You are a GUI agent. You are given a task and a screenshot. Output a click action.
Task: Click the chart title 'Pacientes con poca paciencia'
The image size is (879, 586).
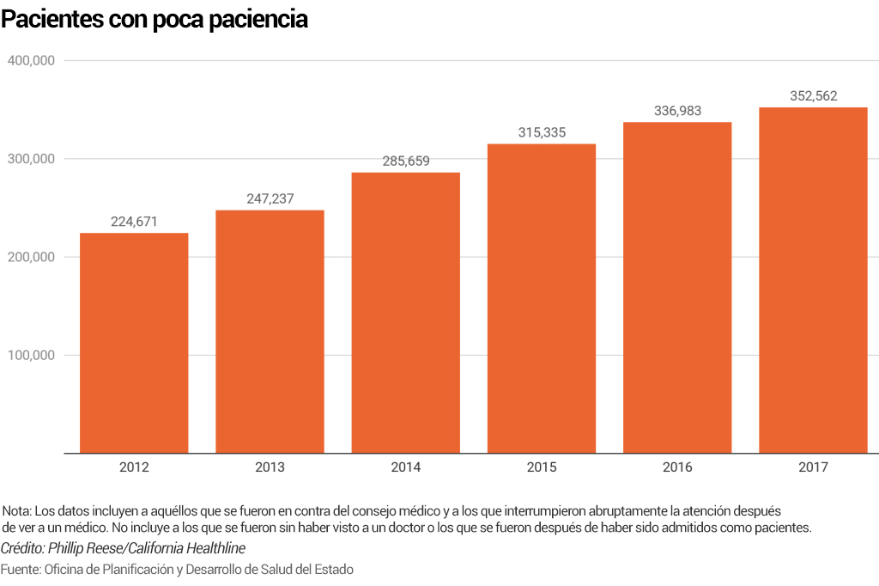click(x=155, y=20)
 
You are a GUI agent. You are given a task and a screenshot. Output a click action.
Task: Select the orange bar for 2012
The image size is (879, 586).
click(x=134, y=343)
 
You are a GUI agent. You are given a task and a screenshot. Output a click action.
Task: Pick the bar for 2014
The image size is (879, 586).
click(x=406, y=313)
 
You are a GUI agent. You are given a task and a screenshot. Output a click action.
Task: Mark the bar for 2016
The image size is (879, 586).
click(x=677, y=288)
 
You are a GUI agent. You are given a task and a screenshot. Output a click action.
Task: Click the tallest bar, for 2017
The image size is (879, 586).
click(x=813, y=280)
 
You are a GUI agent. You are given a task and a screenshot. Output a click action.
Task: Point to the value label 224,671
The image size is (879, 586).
click(x=135, y=221)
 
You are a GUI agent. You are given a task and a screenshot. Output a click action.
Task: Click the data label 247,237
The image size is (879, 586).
click(x=270, y=198)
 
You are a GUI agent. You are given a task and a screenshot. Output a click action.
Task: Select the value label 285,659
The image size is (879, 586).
click(x=406, y=161)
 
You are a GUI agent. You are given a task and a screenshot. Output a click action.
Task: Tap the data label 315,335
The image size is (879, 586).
click(x=542, y=132)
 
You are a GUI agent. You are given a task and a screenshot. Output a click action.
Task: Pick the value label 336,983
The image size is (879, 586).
click(x=677, y=111)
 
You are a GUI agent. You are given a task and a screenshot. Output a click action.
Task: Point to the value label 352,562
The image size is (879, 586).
click(x=813, y=96)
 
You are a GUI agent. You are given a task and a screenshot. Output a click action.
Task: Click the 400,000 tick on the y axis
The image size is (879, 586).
click(x=32, y=61)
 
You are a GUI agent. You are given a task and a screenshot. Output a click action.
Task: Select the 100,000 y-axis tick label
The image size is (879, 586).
click(x=32, y=356)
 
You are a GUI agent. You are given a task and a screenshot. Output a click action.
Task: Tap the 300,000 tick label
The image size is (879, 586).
click(x=32, y=159)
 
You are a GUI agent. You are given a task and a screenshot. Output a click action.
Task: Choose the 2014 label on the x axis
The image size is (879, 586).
click(x=406, y=468)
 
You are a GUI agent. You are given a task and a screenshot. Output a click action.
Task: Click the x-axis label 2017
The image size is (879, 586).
click(x=813, y=468)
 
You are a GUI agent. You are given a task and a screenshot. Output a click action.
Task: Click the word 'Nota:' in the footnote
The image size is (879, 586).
click(x=17, y=511)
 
